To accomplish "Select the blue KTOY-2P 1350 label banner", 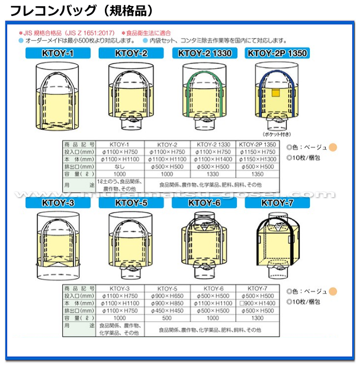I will pyautogui.click(x=277, y=53).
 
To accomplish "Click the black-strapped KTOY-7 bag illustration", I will pyautogui.click(x=277, y=243).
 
